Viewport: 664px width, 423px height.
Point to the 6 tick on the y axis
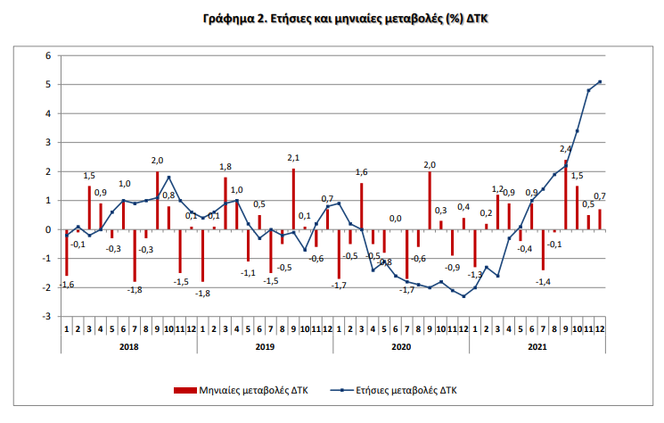pyautogui.click(x=49, y=56)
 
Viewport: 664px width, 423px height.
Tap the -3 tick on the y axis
pyautogui.click(x=47, y=317)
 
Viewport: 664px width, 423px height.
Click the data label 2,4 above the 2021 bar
pyautogui.click(x=565, y=149)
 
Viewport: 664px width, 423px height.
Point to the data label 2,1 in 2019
pyautogui.click(x=293, y=158)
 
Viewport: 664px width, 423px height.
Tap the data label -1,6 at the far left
pyautogui.click(x=67, y=285)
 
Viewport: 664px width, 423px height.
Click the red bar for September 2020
pyautogui.click(x=429, y=201)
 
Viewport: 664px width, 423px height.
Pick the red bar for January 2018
pyautogui.click(x=67, y=253)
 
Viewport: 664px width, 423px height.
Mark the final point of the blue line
pyautogui.click(x=600, y=82)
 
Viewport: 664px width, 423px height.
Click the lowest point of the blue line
pyautogui.click(x=463, y=296)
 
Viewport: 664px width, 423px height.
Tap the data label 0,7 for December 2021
pyautogui.click(x=600, y=196)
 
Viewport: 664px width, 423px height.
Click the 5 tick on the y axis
pyautogui.click(x=49, y=85)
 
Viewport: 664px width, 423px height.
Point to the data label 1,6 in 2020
pyautogui.click(x=362, y=172)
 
